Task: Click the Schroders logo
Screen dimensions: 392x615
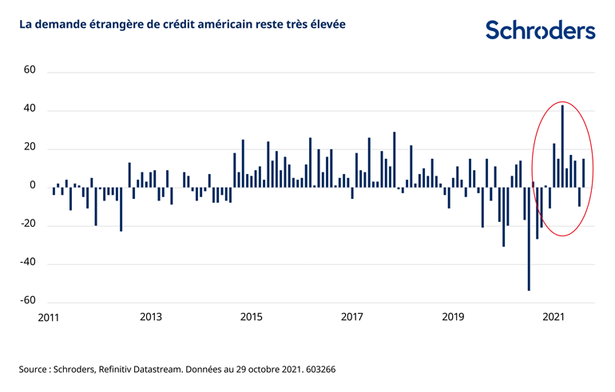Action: [540, 30]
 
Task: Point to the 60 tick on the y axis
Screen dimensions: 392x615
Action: [30, 70]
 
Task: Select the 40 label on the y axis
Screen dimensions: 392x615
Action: [30, 109]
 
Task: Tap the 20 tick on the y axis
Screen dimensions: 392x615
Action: [30, 148]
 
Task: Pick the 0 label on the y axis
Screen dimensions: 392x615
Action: [33, 186]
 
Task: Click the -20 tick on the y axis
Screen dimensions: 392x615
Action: [28, 224]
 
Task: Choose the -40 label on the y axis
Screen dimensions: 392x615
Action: [28, 263]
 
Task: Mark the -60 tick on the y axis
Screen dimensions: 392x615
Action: [28, 301]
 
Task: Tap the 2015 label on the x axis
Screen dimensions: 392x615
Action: [252, 318]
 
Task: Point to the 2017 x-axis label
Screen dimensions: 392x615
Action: [352, 318]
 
